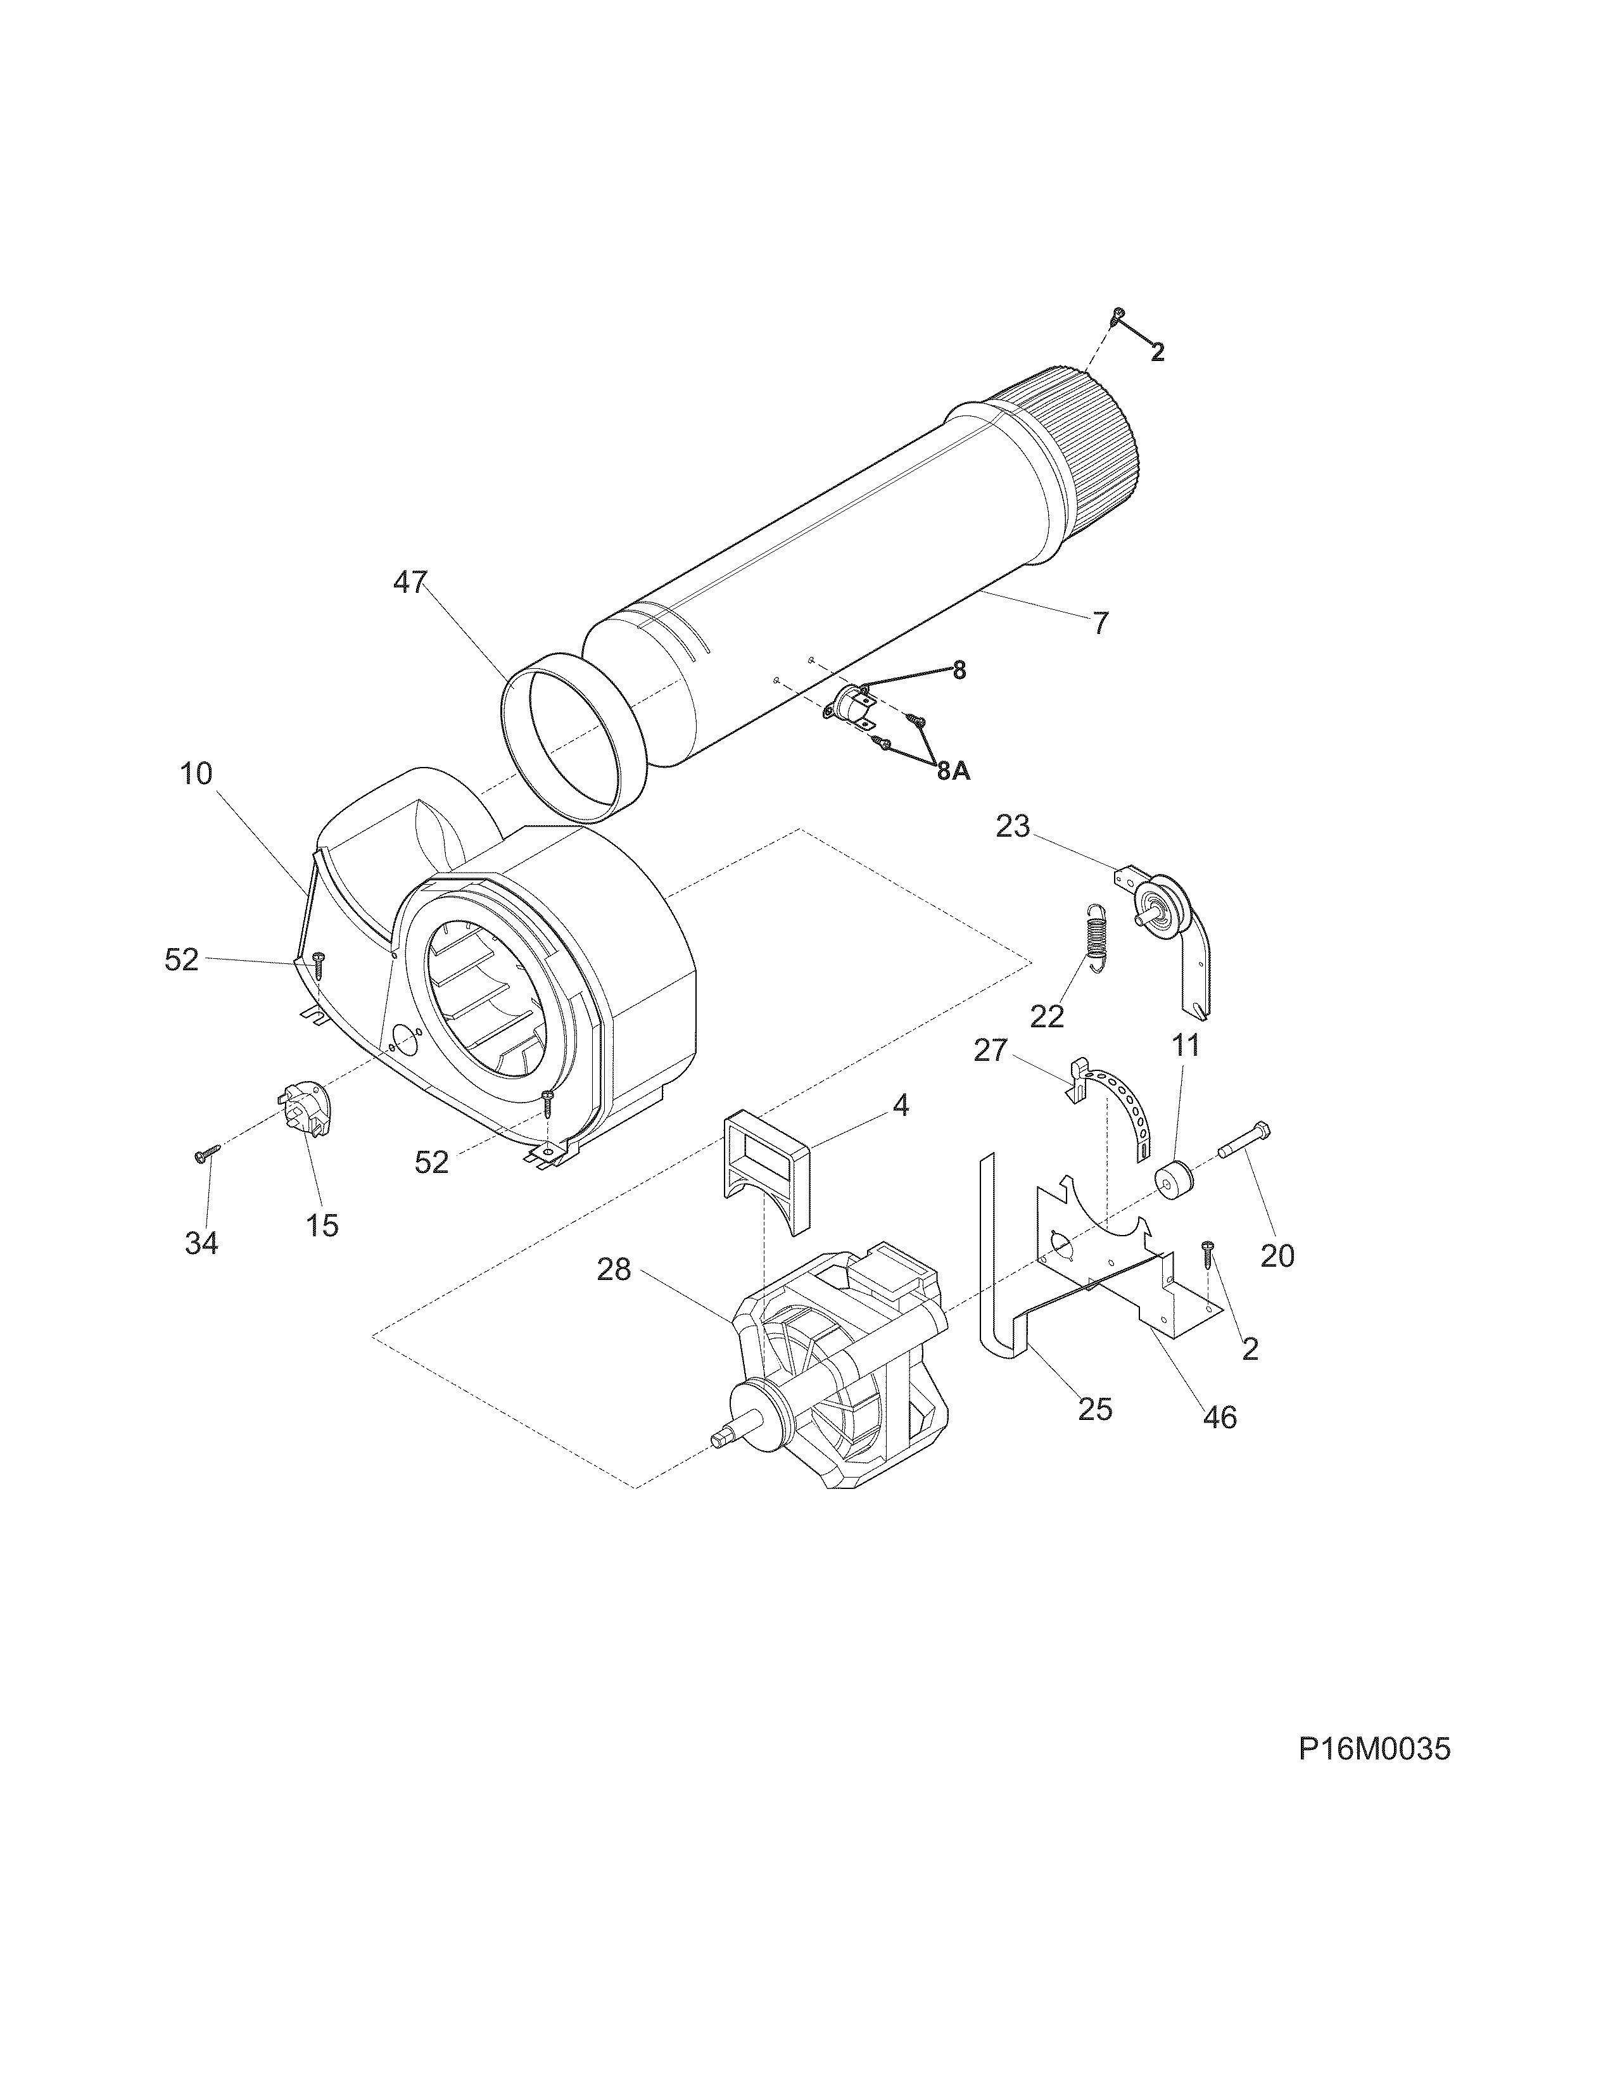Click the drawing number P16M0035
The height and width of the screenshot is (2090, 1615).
[x=1374, y=1749]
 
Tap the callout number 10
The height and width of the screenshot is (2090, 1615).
[x=196, y=773]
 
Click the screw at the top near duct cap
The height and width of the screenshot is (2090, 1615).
[x=1117, y=316]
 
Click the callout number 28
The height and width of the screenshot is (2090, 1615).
[x=614, y=1270]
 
